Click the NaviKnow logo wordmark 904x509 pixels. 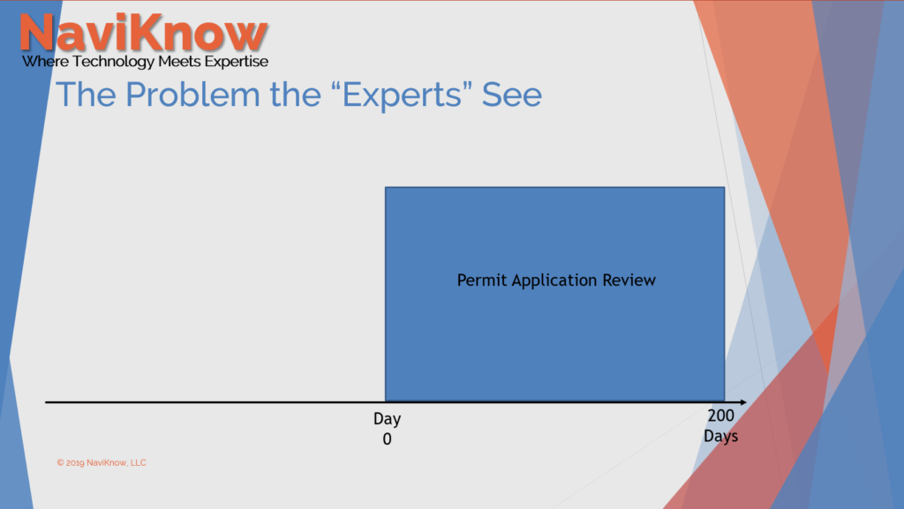tap(144, 33)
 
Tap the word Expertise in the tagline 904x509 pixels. tap(237, 62)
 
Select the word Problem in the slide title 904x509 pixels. tap(192, 94)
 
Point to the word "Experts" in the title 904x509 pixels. tap(402, 95)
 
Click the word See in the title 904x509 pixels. tap(512, 94)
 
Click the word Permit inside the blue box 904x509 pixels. tap(482, 281)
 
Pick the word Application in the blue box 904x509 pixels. tap(554, 281)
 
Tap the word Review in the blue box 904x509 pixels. tap(629, 281)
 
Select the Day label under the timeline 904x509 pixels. tap(387, 419)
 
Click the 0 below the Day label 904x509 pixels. tap(387, 439)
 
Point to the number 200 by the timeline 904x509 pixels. tap(720, 415)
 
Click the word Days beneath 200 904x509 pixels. tap(720, 436)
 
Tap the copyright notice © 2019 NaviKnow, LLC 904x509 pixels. tap(102, 462)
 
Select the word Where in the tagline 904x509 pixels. tap(46, 62)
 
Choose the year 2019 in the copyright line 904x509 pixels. tap(74, 462)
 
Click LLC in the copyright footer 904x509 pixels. tap(139, 462)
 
